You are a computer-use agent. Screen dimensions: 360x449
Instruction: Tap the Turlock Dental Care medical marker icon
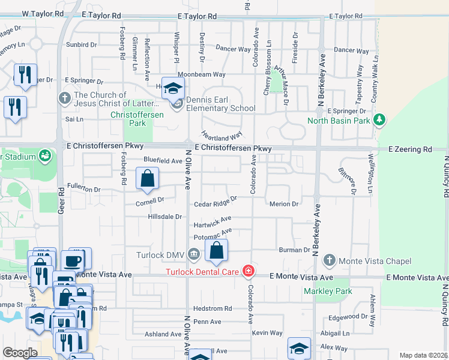248,272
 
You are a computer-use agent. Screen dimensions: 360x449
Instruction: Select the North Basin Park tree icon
379,121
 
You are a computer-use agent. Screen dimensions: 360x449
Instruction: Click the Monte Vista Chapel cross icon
328,261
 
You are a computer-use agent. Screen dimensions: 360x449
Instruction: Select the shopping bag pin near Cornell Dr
147,179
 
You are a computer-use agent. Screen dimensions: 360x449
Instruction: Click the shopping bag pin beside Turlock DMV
217,250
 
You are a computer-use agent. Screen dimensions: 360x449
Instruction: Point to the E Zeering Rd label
410,149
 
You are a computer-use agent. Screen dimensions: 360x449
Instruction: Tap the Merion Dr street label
284,204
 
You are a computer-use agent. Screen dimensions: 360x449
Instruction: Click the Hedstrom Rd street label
211,308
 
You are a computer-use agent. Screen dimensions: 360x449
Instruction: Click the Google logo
20,353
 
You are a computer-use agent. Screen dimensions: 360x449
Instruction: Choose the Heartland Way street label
221,136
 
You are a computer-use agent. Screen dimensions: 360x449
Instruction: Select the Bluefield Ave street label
163,161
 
